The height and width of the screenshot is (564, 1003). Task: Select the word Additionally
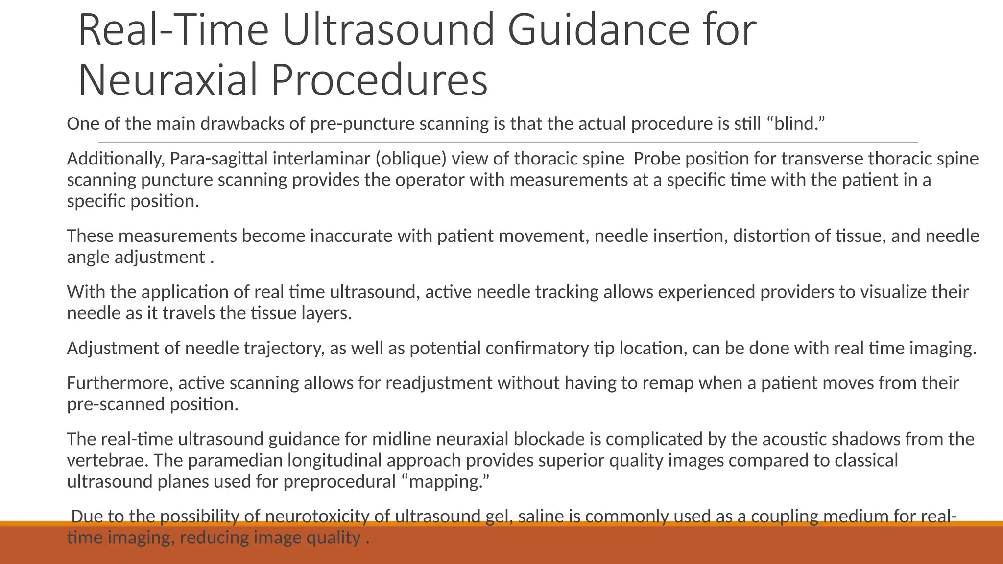click(116, 159)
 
